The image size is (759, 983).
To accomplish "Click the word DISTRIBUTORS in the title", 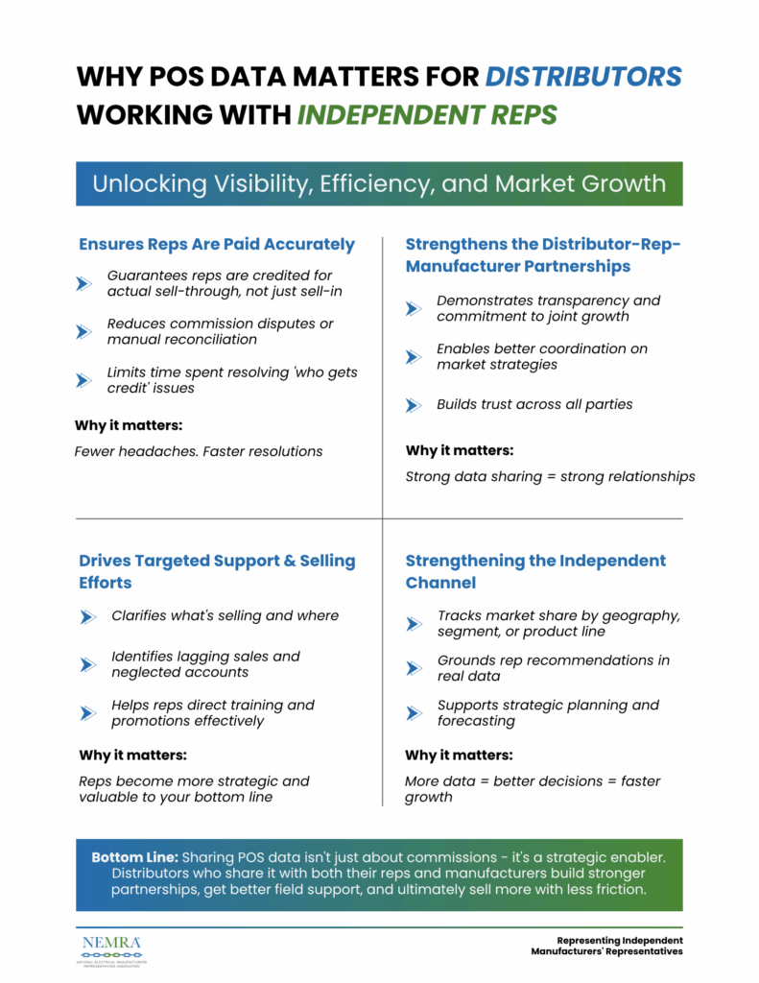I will point(583,76).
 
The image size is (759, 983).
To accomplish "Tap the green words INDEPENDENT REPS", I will point(426,115).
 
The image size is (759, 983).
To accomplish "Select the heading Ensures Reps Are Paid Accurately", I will point(217,244).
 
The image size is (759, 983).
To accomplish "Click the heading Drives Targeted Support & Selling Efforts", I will point(217,571).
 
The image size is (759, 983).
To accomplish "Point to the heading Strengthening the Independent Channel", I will point(534,571).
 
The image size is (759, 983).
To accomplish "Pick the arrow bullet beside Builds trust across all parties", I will point(414,405).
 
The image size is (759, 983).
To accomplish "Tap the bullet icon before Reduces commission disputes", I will point(84,331).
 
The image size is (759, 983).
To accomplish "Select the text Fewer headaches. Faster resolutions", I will point(199,451).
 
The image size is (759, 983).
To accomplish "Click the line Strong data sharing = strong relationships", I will point(550,476).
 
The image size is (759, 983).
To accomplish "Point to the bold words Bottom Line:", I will point(133,856).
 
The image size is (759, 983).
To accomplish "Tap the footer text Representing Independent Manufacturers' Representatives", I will point(606,946).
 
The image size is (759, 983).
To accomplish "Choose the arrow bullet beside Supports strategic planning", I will point(414,713).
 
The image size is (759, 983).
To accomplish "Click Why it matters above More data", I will point(459,755).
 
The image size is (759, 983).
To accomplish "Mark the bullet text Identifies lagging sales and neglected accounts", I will point(205,664).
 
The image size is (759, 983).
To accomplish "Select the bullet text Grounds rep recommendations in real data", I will point(553,668).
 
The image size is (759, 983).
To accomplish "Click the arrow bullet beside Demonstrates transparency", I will point(414,308).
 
